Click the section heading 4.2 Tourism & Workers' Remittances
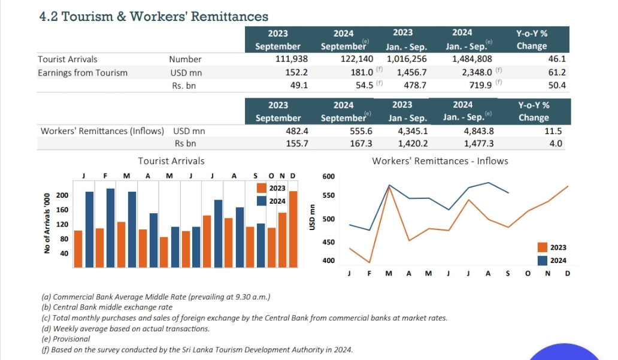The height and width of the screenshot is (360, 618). click(154, 17)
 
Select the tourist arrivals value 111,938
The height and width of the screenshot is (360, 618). click(292, 59)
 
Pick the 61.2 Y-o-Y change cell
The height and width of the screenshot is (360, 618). click(557, 72)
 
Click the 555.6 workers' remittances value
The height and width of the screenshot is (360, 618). click(361, 131)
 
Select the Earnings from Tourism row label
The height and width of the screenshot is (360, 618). click(83, 73)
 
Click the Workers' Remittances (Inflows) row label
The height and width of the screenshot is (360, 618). click(102, 131)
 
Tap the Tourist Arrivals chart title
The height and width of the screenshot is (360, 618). click(171, 161)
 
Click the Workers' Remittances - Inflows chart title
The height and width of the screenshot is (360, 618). click(440, 161)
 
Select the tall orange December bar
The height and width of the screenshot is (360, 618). click(293, 229)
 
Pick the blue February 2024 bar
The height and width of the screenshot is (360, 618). click(110, 228)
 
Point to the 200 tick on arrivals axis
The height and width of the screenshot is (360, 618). click(62, 195)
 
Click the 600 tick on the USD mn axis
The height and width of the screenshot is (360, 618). click(328, 177)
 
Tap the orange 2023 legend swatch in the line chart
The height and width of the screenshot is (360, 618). click(543, 247)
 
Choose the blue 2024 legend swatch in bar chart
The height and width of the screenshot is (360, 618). click(261, 201)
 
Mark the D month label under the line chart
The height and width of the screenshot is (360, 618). click(568, 273)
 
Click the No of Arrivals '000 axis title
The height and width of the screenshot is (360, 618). click(47, 223)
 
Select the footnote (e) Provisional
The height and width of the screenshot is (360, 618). click(66, 339)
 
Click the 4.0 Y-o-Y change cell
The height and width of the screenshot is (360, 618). click(556, 144)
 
